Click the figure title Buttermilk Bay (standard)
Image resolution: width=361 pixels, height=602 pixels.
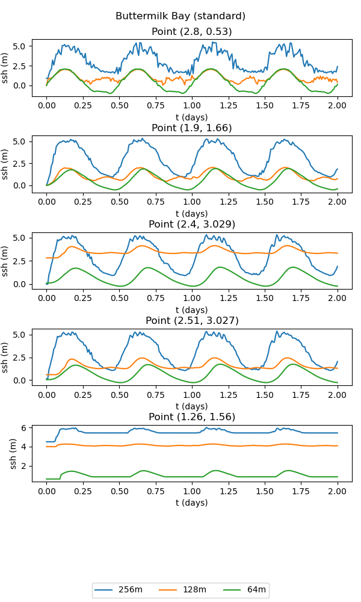pyautogui.click(x=180, y=16)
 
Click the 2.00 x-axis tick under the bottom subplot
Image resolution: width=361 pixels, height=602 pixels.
pyautogui.click(x=337, y=491)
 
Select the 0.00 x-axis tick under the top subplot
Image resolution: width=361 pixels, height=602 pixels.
pyautogui.click(x=46, y=105)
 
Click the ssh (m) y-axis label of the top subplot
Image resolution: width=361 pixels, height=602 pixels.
pyautogui.click(x=5, y=68)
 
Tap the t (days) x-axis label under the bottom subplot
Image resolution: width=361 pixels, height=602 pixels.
pyautogui.click(x=191, y=503)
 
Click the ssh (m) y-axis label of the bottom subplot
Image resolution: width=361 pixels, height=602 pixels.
pyautogui.click(x=13, y=453)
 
